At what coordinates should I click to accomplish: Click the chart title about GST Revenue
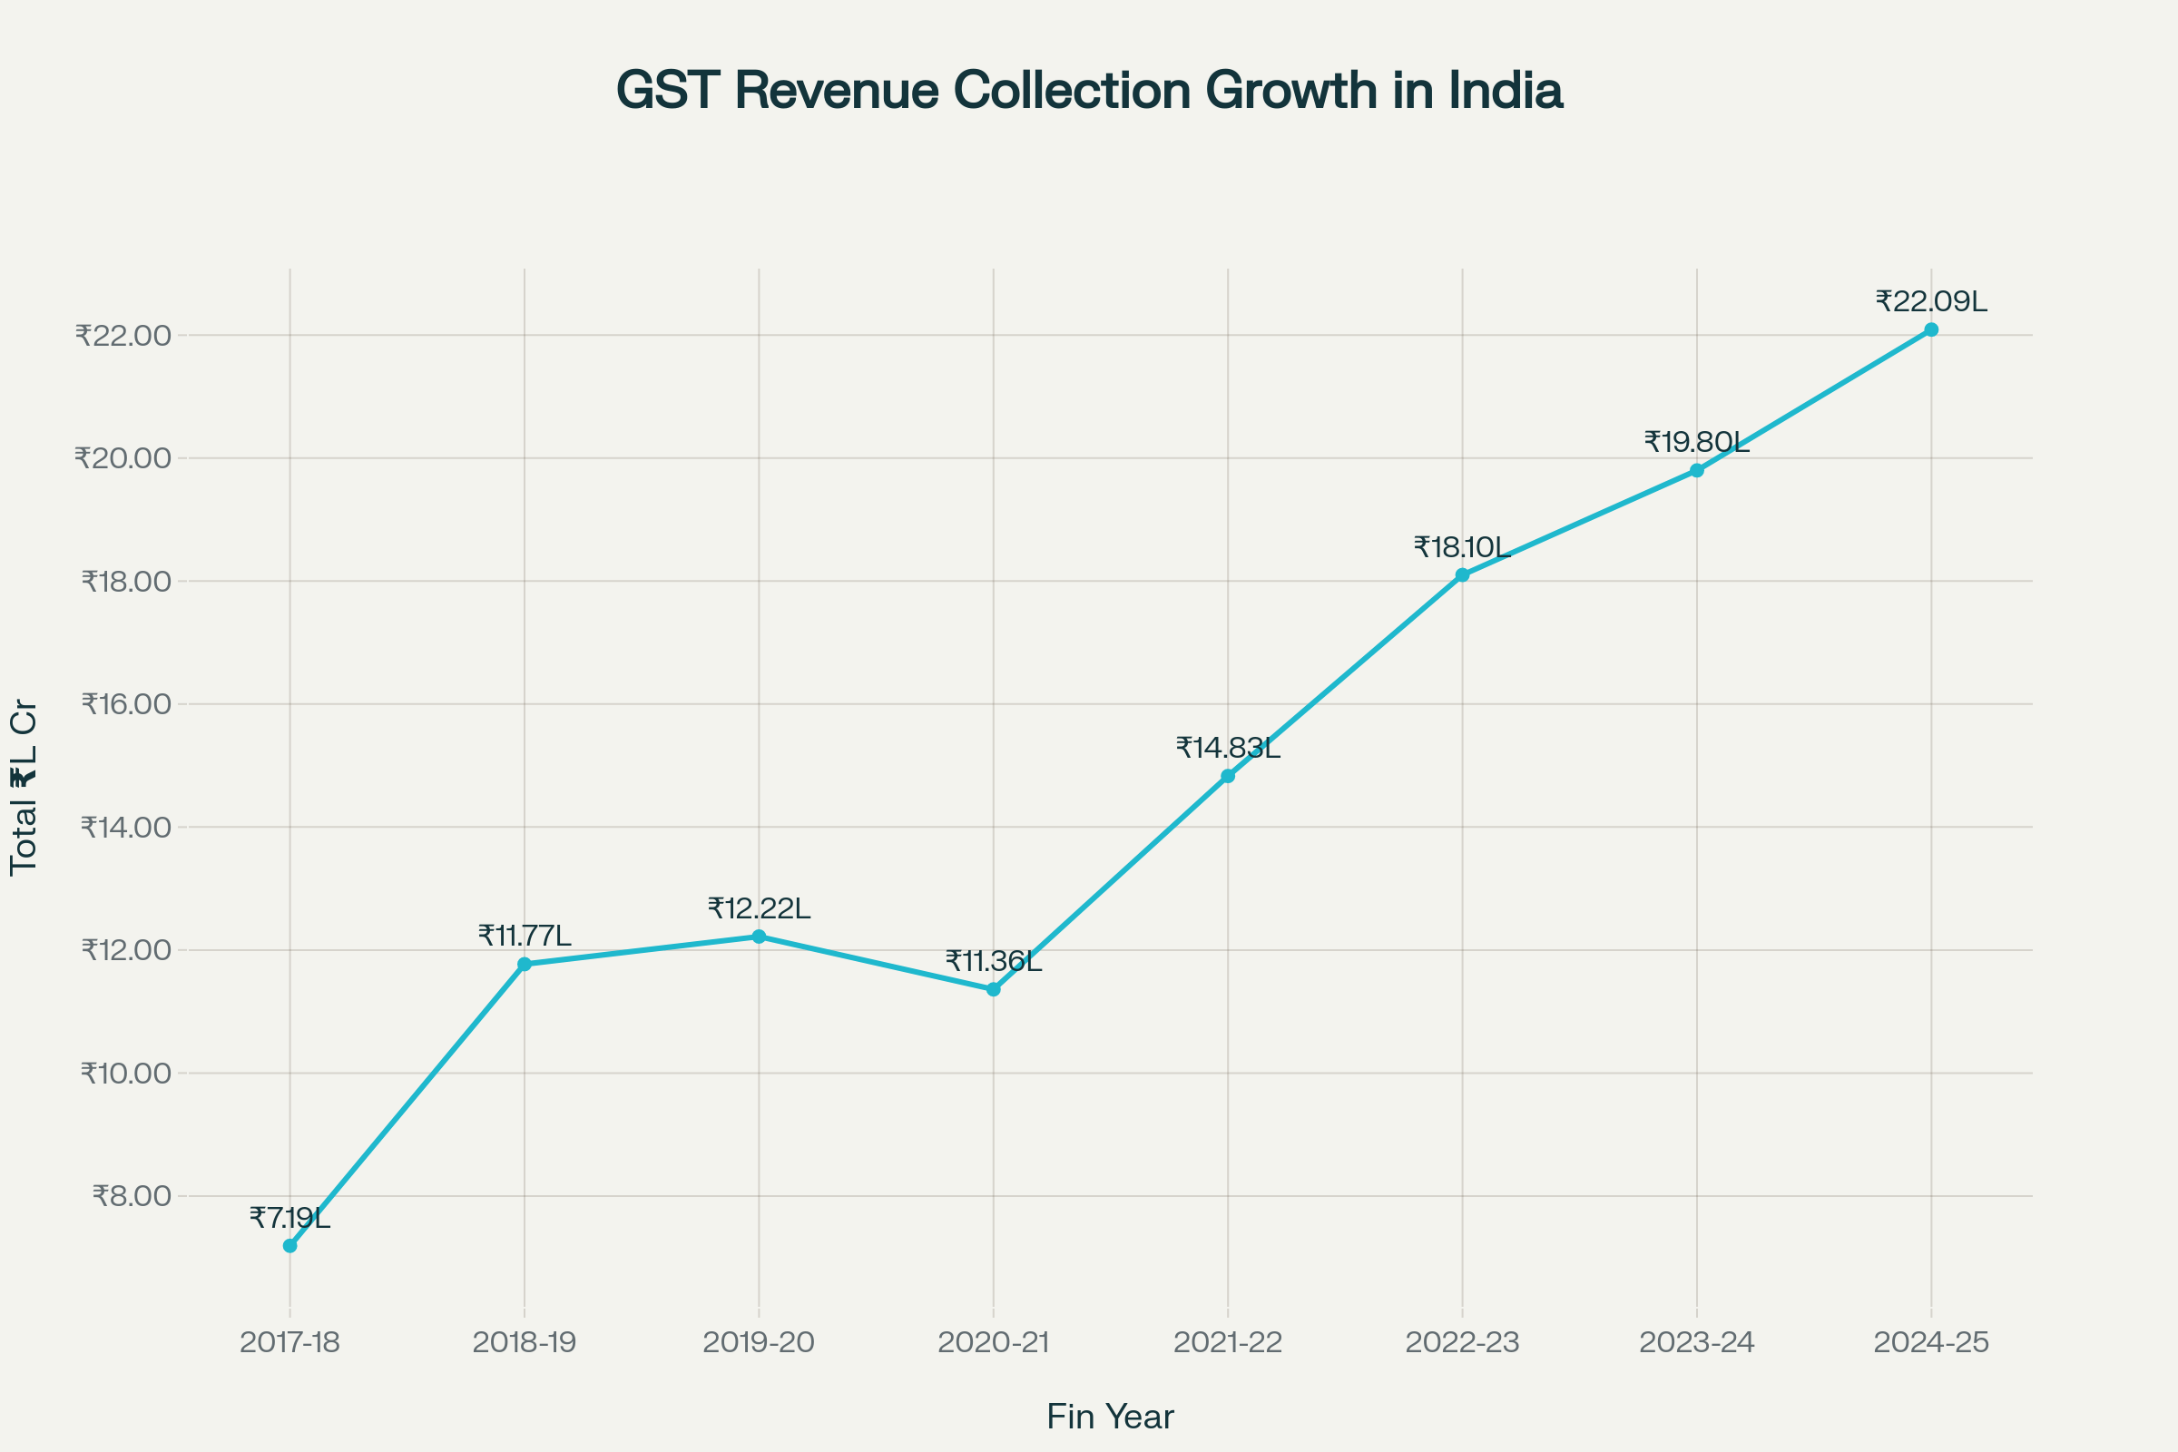click(x=1089, y=91)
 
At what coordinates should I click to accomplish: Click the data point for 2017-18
click(x=289, y=1246)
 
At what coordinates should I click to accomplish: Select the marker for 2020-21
click(x=994, y=989)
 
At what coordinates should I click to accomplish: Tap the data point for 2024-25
click(x=1931, y=329)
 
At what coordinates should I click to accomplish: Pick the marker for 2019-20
click(x=760, y=937)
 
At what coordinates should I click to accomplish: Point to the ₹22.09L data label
click(x=1931, y=302)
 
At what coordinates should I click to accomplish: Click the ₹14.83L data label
click(x=1228, y=748)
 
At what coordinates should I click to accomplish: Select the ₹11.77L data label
click(x=525, y=937)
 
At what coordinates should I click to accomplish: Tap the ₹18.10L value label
click(x=1462, y=548)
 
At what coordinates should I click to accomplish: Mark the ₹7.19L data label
click(x=289, y=1219)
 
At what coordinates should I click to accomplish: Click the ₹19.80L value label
click(x=1696, y=443)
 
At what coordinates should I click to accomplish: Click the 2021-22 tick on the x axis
click(x=1228, y=1342)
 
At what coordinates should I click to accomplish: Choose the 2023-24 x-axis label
click(x=1696, y=1342)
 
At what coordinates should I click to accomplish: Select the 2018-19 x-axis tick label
click(x=525, y=1342)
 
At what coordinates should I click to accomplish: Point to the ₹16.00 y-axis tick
click(x=126, y=704)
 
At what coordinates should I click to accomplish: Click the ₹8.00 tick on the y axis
click(x=132, y=1195)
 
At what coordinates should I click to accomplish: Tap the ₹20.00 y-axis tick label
click(x=123, y=458)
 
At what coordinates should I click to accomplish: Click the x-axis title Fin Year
click(x=1110, y=1417)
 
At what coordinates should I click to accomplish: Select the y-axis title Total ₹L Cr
click(x=24, y=787)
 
